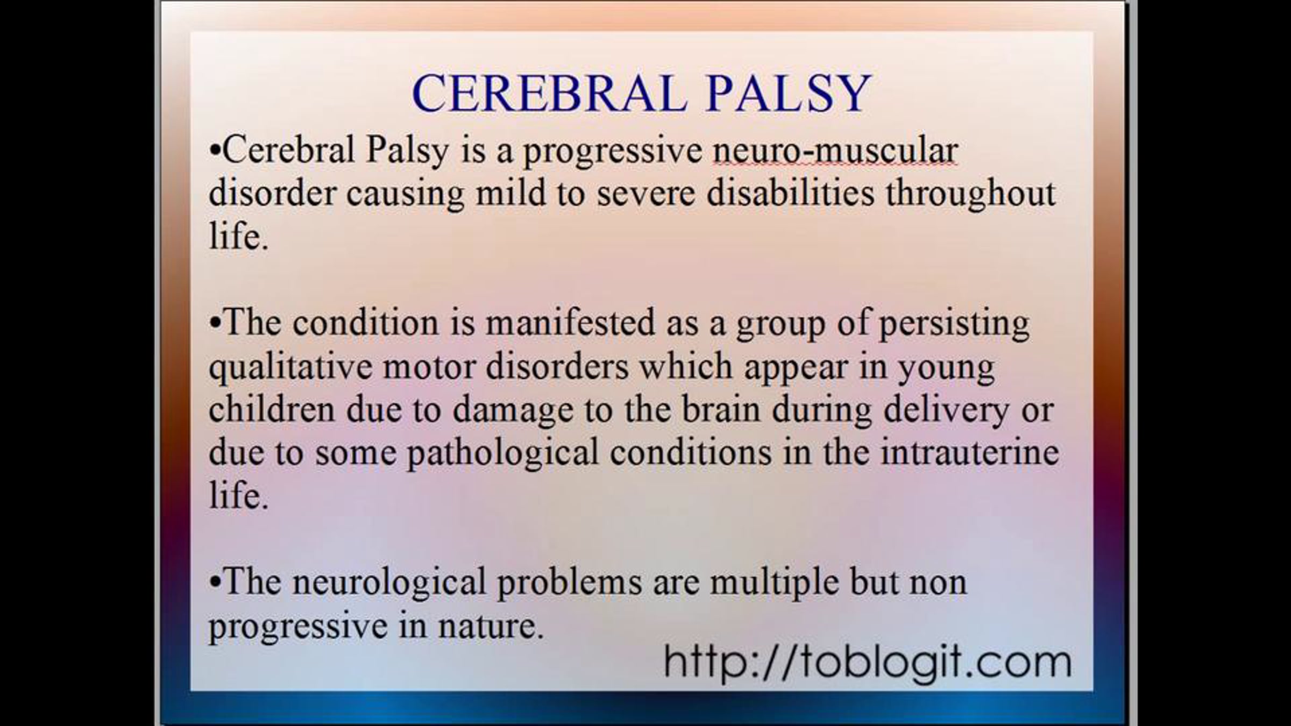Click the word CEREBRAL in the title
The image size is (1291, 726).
(549, 94)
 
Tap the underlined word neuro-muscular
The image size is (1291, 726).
(835, 151)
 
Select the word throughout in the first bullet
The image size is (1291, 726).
(971, 194)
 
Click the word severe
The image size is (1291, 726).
(646, 195)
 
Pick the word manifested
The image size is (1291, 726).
(570, 323)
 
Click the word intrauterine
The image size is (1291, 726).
(970, 453)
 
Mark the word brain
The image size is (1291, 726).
(721, 410)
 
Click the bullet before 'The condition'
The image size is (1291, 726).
(215, 324)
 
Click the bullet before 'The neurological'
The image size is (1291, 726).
(215, 583)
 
